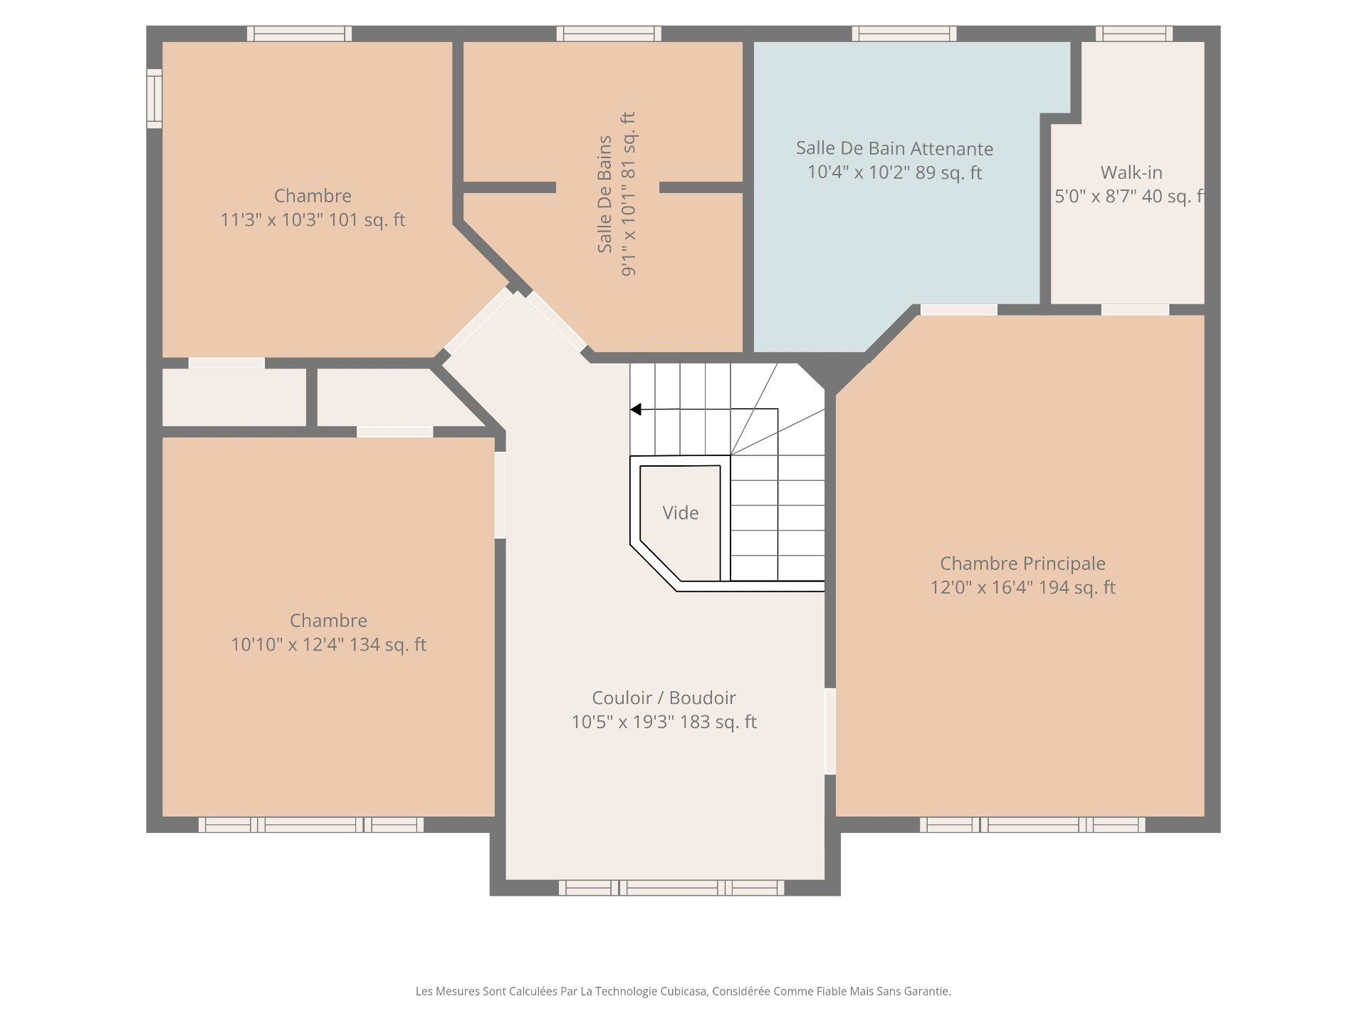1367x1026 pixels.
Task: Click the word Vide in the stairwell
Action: (x=680, y=513)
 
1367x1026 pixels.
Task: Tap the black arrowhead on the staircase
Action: (x=636, y=410)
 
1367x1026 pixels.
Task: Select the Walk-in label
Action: (x=1131, y=172)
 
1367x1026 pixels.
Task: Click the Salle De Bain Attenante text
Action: (x=894, y=148)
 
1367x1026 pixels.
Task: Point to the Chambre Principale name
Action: (x=1022, y=564)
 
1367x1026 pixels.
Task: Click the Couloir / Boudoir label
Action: (x=664, y=698)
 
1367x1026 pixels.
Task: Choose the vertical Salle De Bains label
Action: (x=604, y=194)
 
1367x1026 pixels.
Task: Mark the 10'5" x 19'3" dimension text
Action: (x=623, y=722)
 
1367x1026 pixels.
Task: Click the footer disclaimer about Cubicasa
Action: (x=683, y=991)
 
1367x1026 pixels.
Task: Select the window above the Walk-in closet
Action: (x=1134, y=33)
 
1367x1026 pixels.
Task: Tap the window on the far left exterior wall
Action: (x=154, y=98)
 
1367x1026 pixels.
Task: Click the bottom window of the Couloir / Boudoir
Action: (x=671, y=888)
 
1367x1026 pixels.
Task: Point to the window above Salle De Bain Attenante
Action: (x=904, y=33)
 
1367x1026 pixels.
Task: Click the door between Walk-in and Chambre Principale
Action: (x=1136, y=309)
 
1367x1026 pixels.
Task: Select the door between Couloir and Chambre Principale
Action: (x=830, y=731)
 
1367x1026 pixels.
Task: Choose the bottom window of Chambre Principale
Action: (x=1032, y=825)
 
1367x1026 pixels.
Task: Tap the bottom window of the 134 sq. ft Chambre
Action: (x=311, y=825)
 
